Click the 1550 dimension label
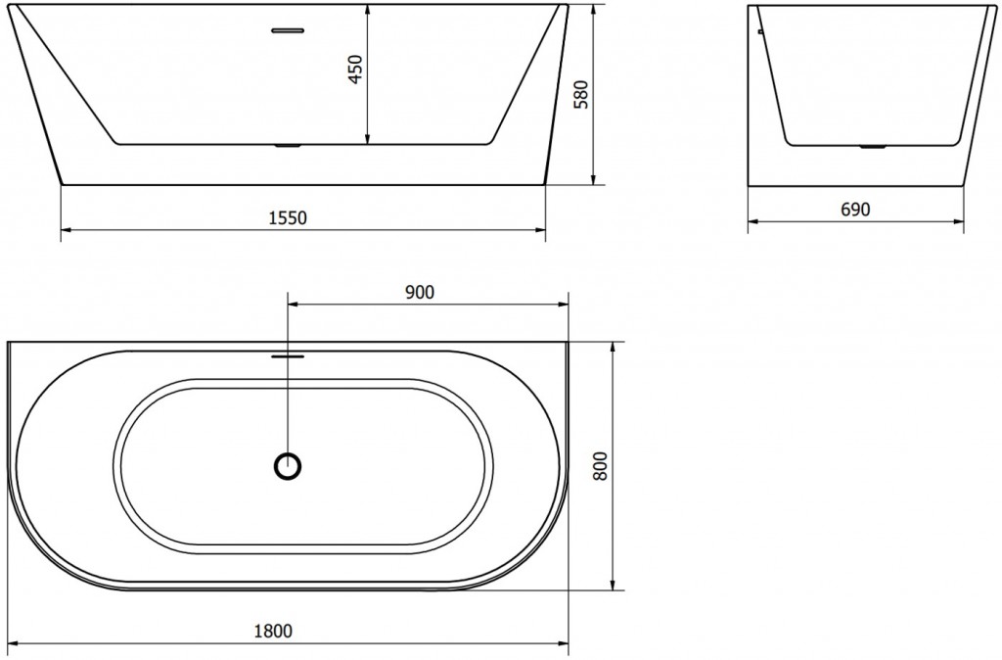(x=288, y=218)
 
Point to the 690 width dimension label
(x=854, y=209)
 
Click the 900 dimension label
(x=418, y=291)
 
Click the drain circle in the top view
(x=288, y=466)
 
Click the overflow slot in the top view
(x=288, y=356)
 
